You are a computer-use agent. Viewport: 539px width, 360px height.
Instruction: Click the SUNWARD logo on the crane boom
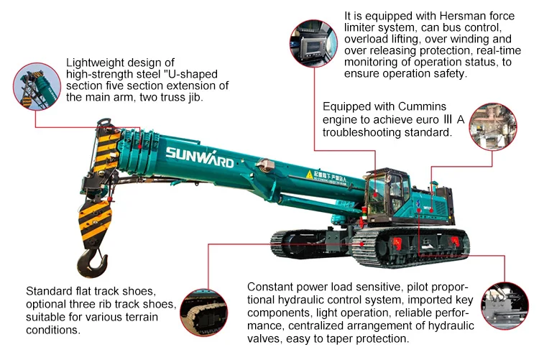click(199, 155)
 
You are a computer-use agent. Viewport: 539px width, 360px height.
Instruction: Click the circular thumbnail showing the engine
click(492, 126)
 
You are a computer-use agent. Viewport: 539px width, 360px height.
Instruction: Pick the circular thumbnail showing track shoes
click(202, 309)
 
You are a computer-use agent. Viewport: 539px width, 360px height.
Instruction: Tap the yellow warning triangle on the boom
click(310, 175)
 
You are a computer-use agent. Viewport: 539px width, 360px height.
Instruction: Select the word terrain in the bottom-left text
click(151, 318)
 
